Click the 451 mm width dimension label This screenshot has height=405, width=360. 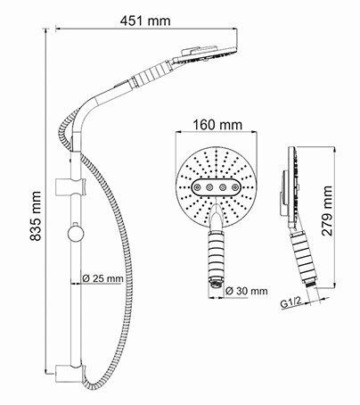coord(145,21)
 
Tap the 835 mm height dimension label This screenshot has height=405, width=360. coord(36,216)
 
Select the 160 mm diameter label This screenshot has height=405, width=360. coord(217,125)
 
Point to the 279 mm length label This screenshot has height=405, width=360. coord(327,211)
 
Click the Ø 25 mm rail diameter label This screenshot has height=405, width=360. coord(102,278)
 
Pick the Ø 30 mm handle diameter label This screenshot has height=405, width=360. coord(246,291)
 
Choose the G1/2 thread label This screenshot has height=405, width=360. coord(291,303)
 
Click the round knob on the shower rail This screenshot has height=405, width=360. coord(75,232)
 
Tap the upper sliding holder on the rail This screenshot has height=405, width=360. coord(70,186)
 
